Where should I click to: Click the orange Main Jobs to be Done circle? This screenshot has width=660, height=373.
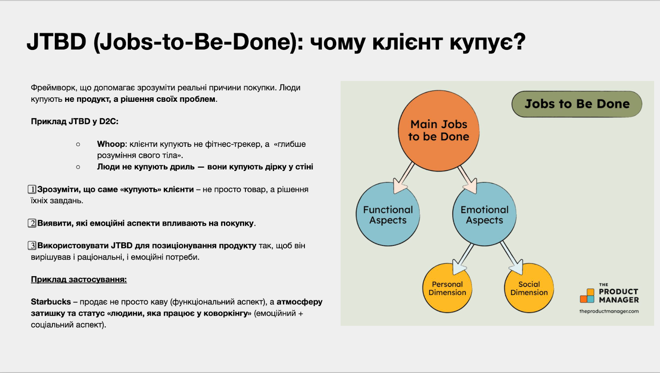438,131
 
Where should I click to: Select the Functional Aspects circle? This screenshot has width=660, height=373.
388,214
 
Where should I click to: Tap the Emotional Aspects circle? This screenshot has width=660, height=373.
484,214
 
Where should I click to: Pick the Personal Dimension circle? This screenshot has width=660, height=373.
447,288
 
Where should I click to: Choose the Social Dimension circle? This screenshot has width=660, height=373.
529,288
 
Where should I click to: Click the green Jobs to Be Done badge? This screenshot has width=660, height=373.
577,104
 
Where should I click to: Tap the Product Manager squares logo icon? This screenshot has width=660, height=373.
587,296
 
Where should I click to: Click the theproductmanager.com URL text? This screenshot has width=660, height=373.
609,311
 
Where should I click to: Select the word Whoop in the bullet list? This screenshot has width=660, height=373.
111,144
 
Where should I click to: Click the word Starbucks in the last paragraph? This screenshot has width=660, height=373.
51,302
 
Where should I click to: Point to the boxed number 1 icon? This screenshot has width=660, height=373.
32,189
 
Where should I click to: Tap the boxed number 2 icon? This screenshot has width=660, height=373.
32,223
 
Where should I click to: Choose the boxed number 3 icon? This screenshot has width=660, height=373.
32,246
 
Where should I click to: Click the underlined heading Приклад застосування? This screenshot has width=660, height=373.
79,279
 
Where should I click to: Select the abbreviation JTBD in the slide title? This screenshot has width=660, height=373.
56,42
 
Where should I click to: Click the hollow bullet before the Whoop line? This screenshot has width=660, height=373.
78,144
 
